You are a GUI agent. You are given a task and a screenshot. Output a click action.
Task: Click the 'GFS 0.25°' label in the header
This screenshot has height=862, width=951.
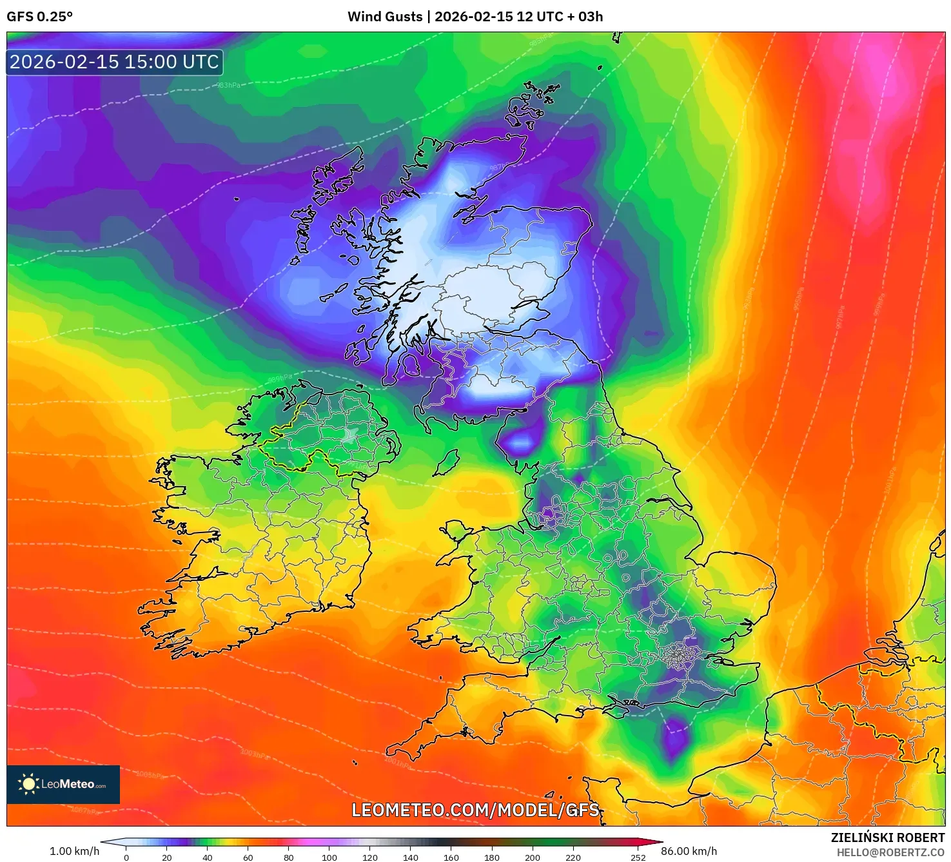click(39, 17)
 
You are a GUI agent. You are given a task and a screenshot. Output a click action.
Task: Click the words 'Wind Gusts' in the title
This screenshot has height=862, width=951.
click(385, 17)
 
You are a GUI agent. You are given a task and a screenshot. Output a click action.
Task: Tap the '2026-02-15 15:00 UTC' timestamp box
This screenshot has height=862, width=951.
click(114, 62)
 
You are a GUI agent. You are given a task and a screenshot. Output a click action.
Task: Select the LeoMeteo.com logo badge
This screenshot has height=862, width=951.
click(63, 784)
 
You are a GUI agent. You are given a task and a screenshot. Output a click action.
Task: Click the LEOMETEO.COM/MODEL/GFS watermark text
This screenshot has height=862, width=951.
click(475, 810)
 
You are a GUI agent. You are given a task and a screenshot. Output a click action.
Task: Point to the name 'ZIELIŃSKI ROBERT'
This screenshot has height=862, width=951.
click(887, 838)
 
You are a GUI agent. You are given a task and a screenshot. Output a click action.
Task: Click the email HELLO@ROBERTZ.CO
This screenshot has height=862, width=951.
click(890, 852)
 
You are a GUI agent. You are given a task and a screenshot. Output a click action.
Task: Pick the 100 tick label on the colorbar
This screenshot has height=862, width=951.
click(329, 857)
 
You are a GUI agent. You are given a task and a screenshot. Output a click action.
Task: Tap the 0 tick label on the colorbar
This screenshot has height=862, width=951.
click(126, 857)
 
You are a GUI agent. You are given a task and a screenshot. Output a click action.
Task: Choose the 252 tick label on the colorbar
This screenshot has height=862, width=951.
click(638, 857)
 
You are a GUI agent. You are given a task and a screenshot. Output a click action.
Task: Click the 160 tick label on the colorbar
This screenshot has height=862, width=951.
click(451, 857)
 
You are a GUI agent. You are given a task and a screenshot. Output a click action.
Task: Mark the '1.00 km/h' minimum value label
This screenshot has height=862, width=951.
click(75, 851)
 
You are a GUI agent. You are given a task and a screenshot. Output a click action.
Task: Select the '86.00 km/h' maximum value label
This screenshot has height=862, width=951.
click(689, 851)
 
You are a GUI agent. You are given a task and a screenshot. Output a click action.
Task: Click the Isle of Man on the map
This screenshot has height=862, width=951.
click(447, 462)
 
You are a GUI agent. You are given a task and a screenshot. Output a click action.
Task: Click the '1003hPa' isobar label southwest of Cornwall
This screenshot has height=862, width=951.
click(254, 754)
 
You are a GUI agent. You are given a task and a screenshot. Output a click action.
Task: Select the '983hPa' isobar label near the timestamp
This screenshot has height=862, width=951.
click(228, 85)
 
